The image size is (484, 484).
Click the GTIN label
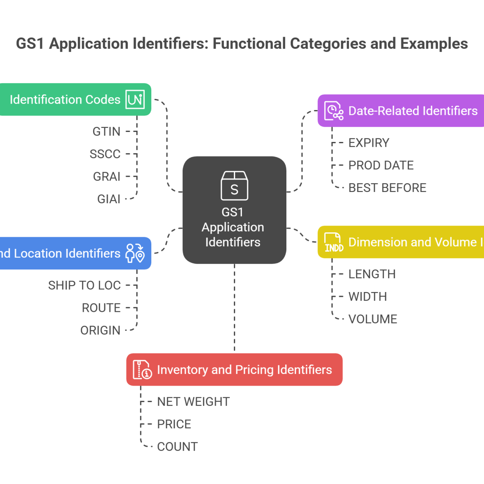pos(106,131)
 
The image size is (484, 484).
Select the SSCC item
pos(105,154)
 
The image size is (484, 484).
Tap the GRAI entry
pos(106,177)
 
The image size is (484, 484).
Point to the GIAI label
pos(108,199)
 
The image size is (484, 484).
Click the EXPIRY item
pos(369,143)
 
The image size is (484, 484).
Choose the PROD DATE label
pos(381,165)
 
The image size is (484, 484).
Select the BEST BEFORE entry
pos(387,188)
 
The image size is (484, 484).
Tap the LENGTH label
pos(372,274)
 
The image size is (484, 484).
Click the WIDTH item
pos(367,297)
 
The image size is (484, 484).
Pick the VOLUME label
pos(373,319)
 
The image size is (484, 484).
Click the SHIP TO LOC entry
pos(84,286)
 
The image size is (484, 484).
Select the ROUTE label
pos(101,308)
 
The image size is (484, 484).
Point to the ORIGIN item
pos(100,331)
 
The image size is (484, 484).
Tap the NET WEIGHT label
pos(193,402)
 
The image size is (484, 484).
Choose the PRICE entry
pos(174,424)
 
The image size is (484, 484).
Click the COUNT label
pos(177,447)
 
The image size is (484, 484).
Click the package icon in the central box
pos(234,186)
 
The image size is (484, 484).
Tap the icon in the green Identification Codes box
pos(135,100)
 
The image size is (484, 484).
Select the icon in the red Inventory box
pos(142,369)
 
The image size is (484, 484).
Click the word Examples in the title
pos(434,44)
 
